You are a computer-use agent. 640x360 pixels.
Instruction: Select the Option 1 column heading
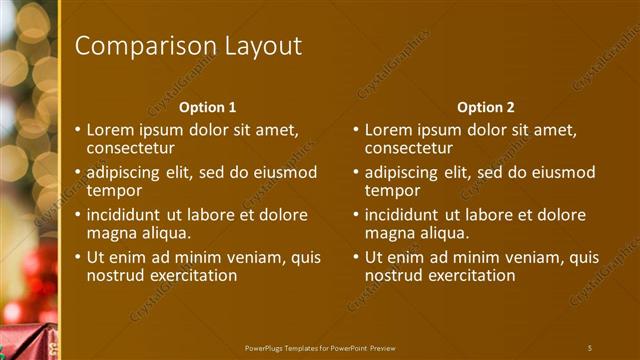(x=207, y=107)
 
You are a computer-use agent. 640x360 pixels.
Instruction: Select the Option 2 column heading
(x=485, y=107)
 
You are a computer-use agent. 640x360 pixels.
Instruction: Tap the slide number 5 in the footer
(x=590, y=347)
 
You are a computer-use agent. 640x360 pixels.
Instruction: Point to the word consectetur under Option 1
(x=131, y=148)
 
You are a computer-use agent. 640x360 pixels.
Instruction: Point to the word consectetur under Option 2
(x=409, y=148)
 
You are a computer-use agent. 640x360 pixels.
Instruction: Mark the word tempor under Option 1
(x=114, y=190)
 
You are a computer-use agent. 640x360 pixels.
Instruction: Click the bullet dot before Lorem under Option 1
(x=78, y=130)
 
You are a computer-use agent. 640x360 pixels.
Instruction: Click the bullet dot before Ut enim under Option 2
(x=356, y=257)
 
